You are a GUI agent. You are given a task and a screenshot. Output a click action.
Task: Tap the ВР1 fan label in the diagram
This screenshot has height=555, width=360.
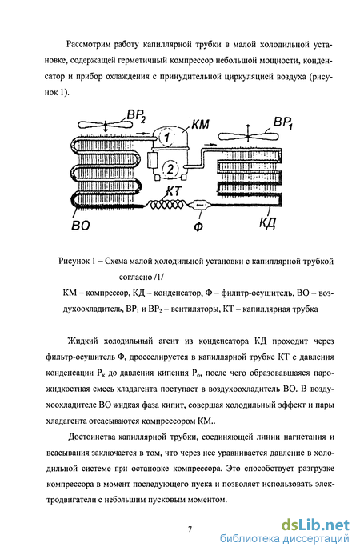click(283, 124)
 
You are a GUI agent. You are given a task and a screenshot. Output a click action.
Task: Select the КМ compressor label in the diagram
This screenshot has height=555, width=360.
click(200, 124)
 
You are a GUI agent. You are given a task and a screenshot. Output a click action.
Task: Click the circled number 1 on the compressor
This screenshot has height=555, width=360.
click(166, 138)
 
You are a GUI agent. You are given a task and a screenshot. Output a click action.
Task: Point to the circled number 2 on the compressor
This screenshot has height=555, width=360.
click(170, 169)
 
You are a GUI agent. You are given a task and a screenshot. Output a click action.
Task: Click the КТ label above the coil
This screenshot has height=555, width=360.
click(174, 191)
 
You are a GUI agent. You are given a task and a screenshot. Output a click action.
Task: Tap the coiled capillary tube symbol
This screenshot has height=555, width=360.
click(166, 205)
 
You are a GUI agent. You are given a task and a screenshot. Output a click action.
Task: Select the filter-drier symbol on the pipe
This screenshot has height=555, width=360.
click(200, 205)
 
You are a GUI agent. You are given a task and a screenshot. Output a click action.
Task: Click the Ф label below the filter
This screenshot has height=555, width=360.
click(198, 226)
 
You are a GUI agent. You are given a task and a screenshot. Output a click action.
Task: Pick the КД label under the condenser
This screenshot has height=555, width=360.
click(267, 222)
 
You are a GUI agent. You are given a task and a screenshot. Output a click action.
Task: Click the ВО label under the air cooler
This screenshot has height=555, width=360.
click(80, 225)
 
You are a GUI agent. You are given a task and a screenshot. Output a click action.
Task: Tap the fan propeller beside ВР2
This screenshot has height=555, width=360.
click(105, 124)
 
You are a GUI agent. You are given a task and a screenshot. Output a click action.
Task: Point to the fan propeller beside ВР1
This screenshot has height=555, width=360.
click(247, 135)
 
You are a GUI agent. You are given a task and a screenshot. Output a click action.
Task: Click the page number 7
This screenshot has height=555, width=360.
click(190, 529)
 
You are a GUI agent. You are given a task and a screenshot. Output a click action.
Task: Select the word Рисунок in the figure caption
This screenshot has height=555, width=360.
click(74, 262)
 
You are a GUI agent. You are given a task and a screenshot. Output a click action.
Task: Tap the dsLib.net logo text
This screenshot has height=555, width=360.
click(315, 525)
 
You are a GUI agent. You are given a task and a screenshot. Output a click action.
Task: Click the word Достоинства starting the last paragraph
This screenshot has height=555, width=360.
click(92, 437)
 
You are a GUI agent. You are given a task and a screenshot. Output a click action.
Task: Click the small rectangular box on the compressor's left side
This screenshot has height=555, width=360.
click(154, 160)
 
